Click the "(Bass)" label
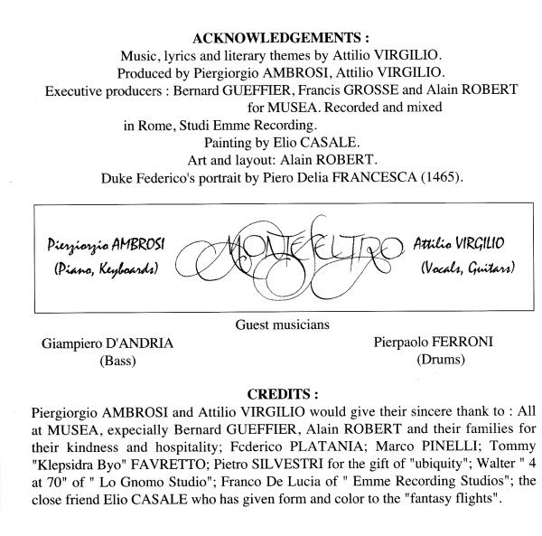coord(107,364)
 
